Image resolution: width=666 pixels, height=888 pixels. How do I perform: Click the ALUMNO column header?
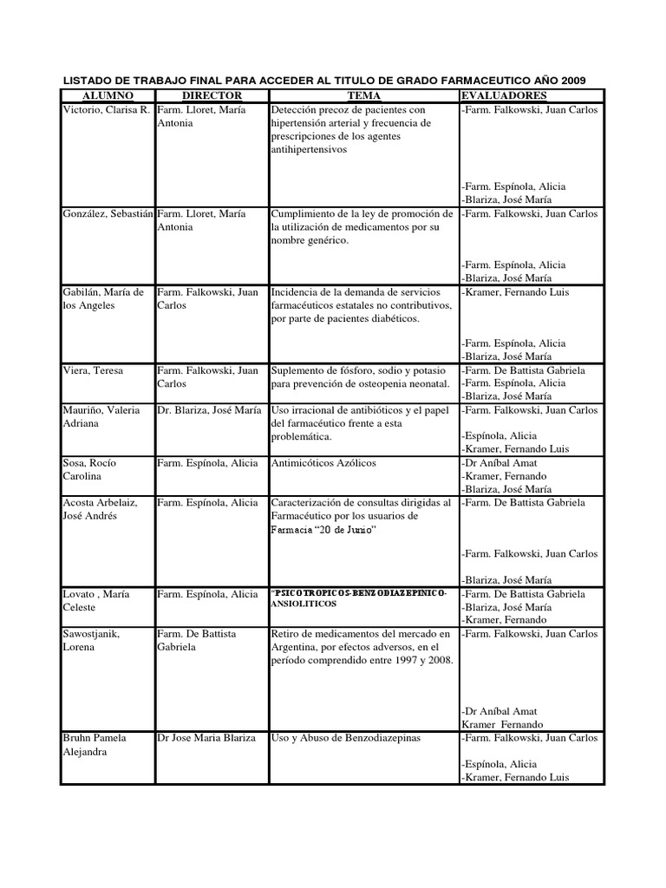[x=108, y=95]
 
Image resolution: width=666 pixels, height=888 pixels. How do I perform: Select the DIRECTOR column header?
[x=212, y=95]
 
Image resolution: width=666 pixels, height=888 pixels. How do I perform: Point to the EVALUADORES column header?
[x=504, y=95]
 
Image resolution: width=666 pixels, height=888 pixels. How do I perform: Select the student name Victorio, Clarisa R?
[x=107, y=110]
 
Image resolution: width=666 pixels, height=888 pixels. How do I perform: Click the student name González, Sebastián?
[x=108, y=213]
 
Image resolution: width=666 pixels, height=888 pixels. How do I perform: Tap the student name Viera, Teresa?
[x=93, y=370]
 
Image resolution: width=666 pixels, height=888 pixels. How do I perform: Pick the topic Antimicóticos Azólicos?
[x=324, y=462]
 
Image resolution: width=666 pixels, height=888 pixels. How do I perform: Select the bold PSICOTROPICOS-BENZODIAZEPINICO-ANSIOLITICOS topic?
[x=360, y=600]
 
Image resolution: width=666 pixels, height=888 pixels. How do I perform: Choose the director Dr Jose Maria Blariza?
[x=206, y=738]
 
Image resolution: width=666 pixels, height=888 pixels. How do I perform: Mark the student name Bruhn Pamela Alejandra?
[x=95, y=745]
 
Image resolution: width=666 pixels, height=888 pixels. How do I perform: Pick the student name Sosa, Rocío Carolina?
[x=89, y=469]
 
